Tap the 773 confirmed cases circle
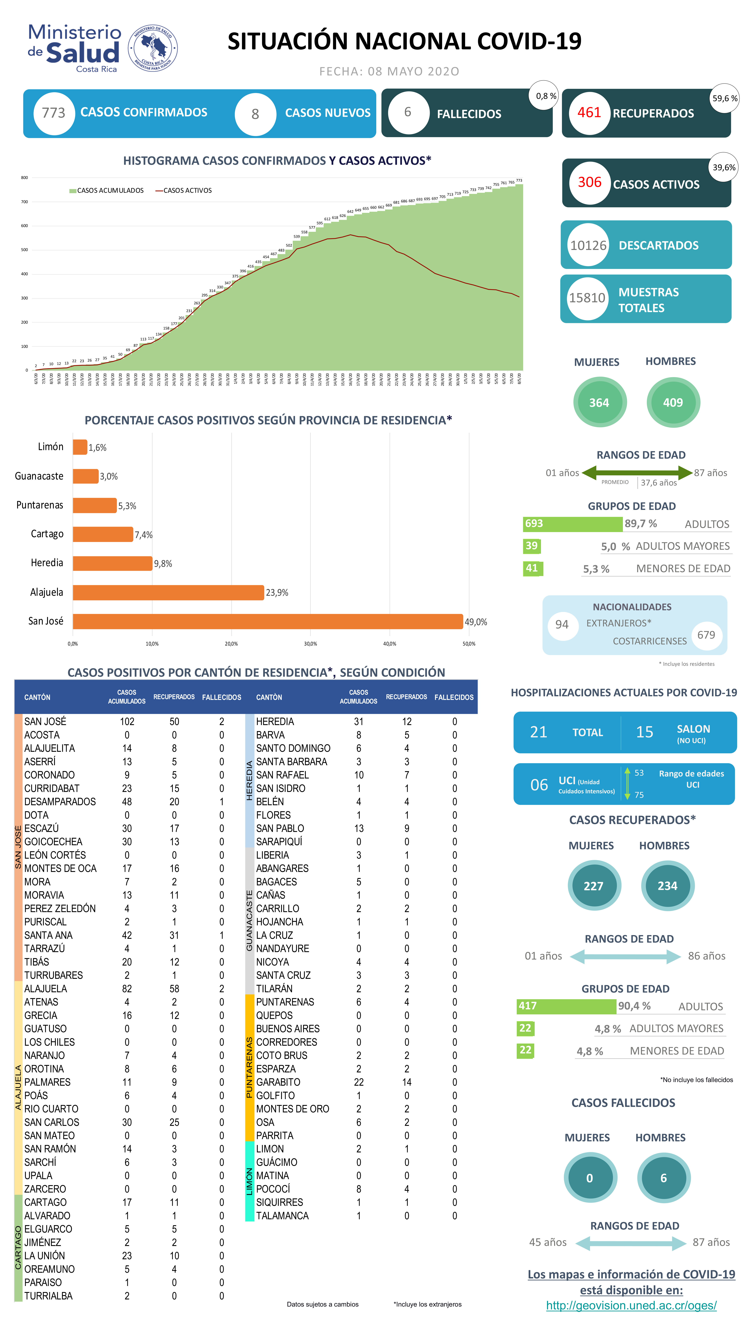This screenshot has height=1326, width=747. click(54, 113)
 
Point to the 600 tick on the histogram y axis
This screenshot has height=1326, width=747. click(24, 226)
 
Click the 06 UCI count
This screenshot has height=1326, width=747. click(539, 785)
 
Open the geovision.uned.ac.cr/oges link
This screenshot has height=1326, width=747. click(631, 1305)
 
